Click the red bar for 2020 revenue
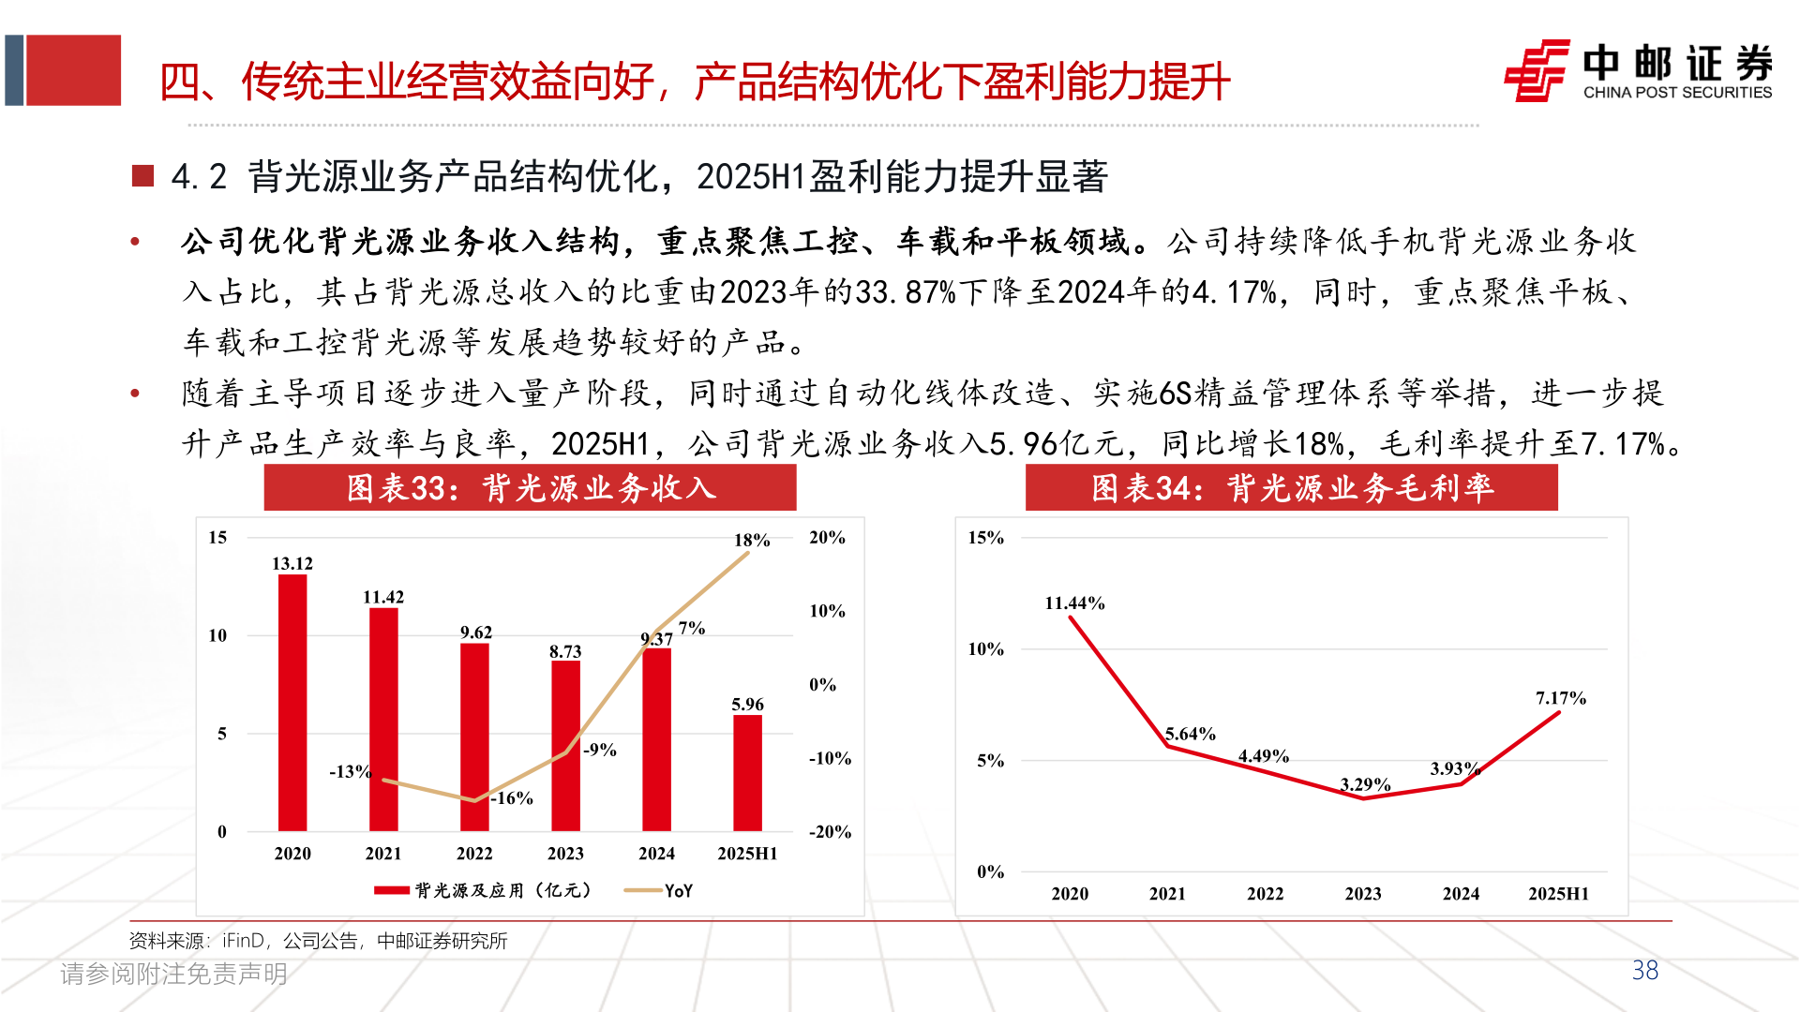292,703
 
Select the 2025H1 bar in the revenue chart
747,773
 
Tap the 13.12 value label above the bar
292,563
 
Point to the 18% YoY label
751,540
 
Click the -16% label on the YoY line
513,798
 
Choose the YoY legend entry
659,890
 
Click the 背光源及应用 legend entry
484,890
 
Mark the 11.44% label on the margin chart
1074,603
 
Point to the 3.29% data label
1365,784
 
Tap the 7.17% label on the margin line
1560,698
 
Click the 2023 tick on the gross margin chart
1362,894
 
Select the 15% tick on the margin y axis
985,538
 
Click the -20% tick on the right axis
829,832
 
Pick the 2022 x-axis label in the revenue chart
474,854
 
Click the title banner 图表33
530,488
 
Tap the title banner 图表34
1291,488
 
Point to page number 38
1644,971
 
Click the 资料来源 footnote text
318,941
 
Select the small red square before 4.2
142,176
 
